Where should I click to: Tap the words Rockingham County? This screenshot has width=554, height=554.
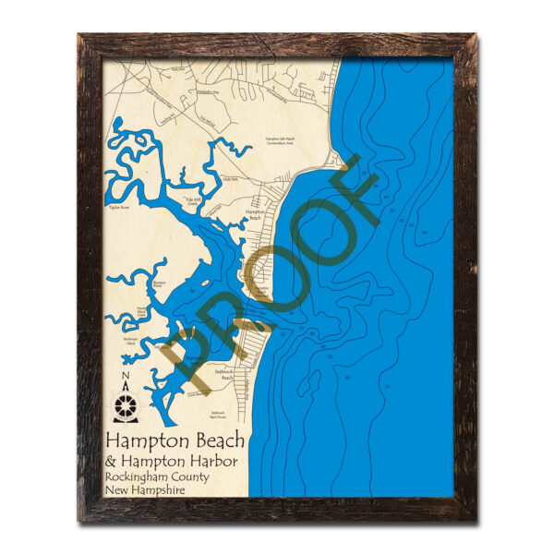157,476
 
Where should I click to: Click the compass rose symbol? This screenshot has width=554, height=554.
125,403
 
